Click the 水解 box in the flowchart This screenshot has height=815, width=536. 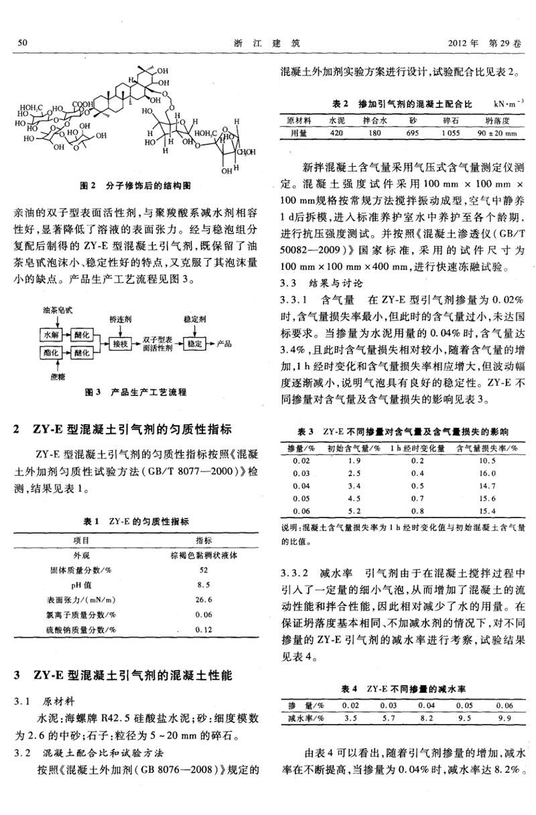pyautogui.click(x=51, y=333)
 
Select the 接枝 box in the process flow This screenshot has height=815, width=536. pyautogui.click(x=120, y=344)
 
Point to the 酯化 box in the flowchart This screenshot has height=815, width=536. pyautogui.click(x=51, y=352)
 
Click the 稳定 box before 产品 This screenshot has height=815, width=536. pyautogui.click(x=195, y=344)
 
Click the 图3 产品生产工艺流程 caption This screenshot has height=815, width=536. pyautogui.click(x=136, y=392)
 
